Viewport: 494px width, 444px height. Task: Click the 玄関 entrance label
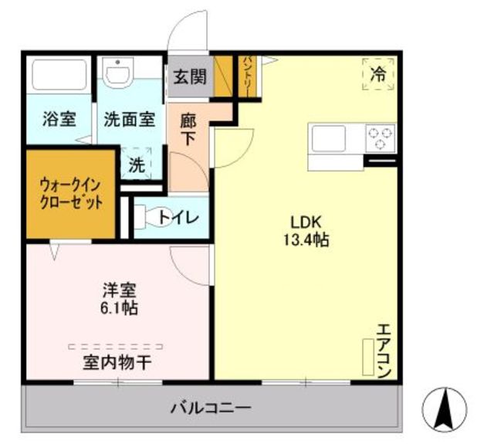click(190, 77)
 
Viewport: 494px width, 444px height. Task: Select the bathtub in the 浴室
click(59, 75)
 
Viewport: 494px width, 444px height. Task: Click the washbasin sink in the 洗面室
click(118, 72)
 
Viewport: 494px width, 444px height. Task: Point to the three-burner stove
click(381, 139)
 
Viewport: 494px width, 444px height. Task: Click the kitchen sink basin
click(329, 138)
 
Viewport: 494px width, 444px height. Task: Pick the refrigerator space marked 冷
click(378, 74)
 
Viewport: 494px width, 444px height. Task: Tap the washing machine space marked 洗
click(137, 164)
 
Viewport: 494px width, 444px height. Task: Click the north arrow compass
click(445, 410)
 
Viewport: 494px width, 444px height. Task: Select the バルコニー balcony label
click(211, 408)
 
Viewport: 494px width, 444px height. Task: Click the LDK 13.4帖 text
click(306, 232)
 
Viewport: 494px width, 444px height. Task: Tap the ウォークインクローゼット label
click(71, 194)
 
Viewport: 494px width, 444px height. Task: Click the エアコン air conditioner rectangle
click(368, 357)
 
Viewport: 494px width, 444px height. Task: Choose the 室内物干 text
click(117, 363)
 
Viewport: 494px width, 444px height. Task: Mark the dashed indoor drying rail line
click(116, 347)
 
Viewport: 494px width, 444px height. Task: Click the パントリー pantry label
click(247, 76)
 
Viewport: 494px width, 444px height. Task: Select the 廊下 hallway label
click(188, 130)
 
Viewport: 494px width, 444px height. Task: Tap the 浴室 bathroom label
click(59, 119)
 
